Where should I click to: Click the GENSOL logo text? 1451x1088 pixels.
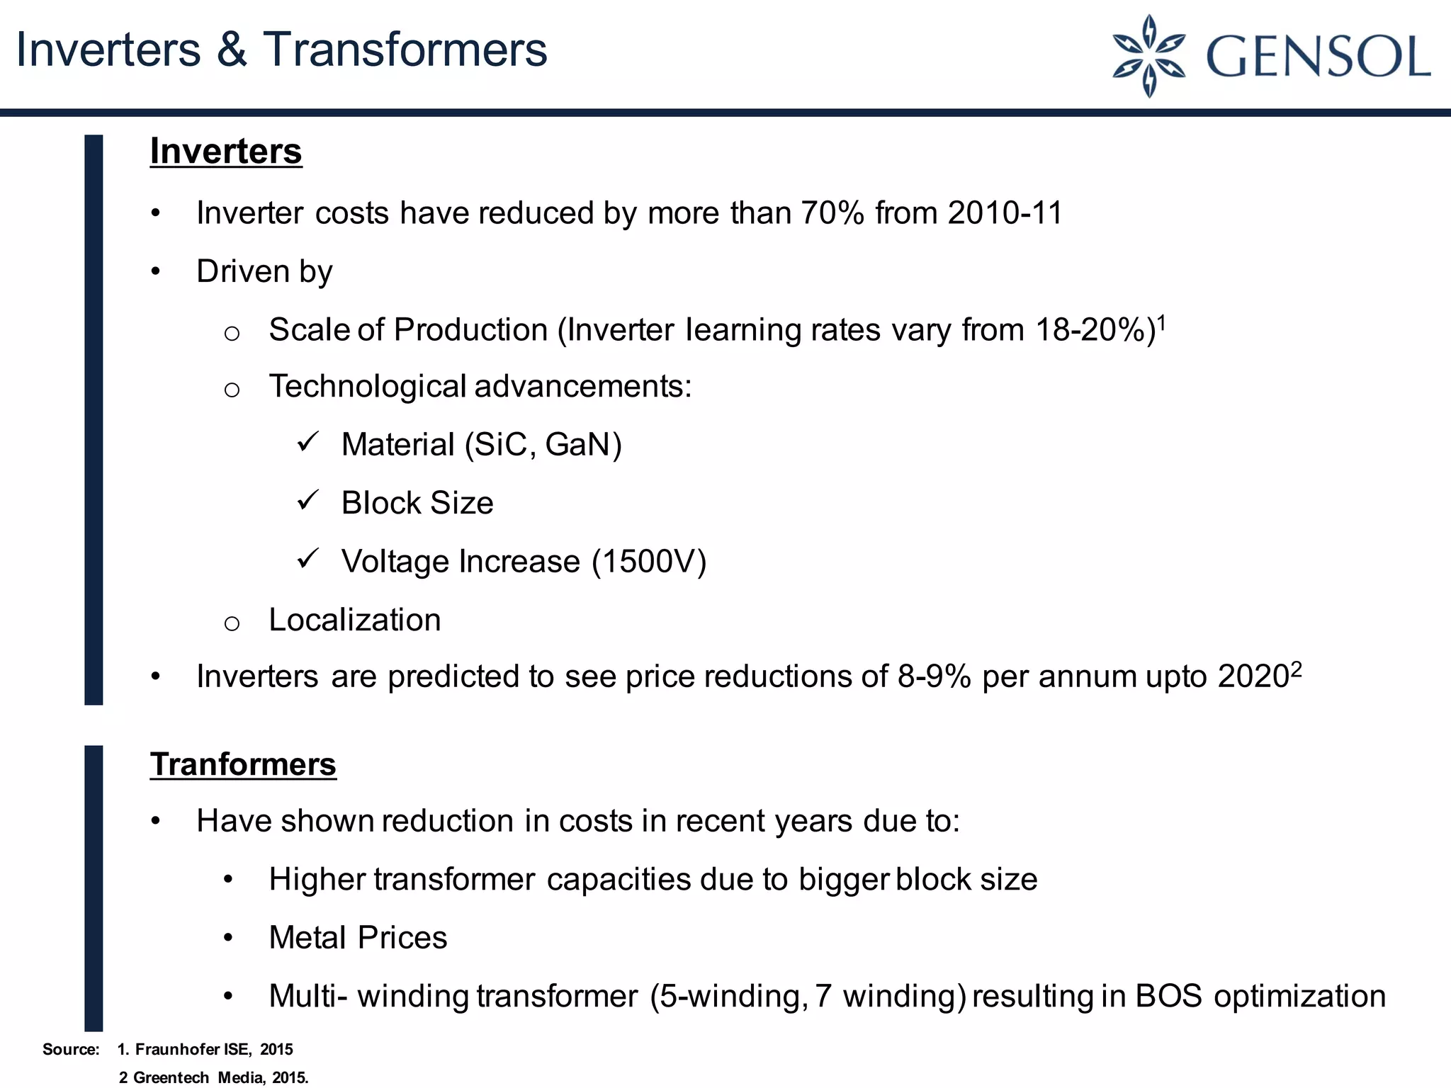pos(1318,57)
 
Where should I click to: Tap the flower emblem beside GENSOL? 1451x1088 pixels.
pos(1149,55)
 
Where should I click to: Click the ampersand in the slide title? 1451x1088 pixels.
pos(232,50)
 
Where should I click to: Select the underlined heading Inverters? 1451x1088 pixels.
pos(226,152)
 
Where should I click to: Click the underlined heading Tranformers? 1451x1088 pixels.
pos(243,764)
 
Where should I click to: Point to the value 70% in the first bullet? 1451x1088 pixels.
pos(832,213)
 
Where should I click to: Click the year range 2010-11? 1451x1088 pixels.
pos(1005,213)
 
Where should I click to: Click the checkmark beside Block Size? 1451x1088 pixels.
pos(309,501)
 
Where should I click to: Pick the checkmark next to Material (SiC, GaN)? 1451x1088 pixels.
pos(309,443)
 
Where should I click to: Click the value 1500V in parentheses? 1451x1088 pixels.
pos(649,562)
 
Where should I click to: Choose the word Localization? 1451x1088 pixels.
pos(355,620)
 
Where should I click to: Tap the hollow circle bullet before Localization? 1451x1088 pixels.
pos(232,623)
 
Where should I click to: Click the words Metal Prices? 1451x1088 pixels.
pos(358,938)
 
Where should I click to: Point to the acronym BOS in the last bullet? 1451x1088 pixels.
pos(1168,996)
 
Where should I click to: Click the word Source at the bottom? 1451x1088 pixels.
pos(70,1049)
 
